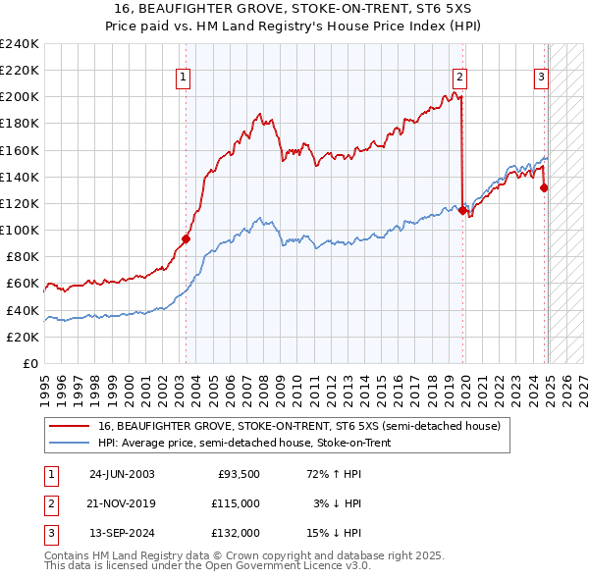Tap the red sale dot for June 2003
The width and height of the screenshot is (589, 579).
pos(186,238)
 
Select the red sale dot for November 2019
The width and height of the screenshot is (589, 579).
pos(462,209)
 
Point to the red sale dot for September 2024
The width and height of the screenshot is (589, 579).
pos(544,187)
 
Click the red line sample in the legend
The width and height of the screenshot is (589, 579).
pos(70,426)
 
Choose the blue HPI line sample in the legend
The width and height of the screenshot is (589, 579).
pos(70,443)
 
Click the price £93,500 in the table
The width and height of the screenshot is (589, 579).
pos(239,474)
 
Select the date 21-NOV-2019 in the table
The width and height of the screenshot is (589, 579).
pos(122,503)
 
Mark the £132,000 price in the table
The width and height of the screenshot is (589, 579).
pos(237,533)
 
